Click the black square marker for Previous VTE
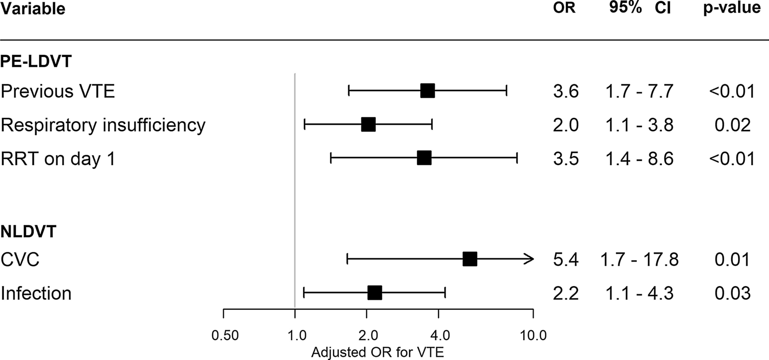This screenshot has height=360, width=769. pos(427,91)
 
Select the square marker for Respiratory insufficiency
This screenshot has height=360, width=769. pos(369,125)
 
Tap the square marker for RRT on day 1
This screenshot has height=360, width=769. pos(424,158)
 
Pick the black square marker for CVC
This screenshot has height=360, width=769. pos(470,259)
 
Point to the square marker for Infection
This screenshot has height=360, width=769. pos(375,292)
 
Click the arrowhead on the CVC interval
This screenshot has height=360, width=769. pos(530,259)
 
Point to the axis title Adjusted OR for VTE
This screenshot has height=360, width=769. pos(377,352)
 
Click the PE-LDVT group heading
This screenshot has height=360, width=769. pos(36,61)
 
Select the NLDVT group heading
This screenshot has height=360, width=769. pos(28,232)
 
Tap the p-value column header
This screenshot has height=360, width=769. pos(731,8)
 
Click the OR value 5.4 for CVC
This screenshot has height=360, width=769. pos(566,260)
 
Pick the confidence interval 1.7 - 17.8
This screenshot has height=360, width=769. pos(639,260)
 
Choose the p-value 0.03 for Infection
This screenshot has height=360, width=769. pos(732,293)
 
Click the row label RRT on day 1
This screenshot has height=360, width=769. pos(58,159)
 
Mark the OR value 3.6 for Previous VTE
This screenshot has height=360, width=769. pos(566,91)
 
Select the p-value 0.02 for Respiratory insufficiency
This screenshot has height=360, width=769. pos(732,125)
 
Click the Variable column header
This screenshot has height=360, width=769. pos(33,9)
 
